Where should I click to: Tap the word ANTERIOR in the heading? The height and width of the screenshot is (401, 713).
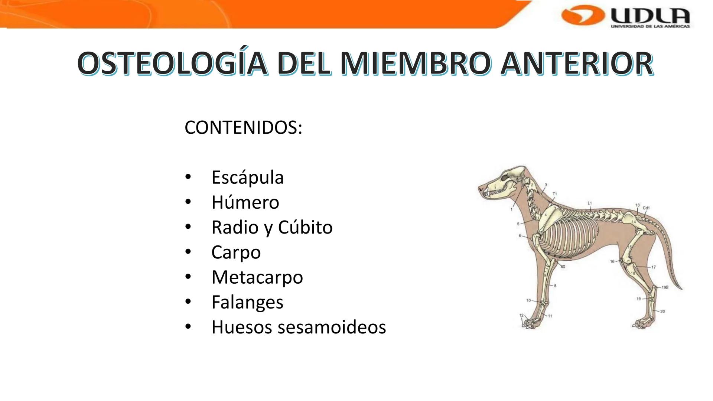(577, 63)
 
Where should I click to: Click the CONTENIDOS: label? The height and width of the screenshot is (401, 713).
(243, 127)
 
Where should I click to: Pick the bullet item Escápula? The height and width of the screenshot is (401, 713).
(247, 177)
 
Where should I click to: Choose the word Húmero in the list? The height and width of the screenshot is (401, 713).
(245, 202)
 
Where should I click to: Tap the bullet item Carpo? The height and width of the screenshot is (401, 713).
(236, 252)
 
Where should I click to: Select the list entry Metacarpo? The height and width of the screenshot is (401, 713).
(257, 277)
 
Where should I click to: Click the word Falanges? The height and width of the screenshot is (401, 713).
(247, 302)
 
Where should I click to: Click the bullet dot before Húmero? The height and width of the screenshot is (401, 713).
(188, 202)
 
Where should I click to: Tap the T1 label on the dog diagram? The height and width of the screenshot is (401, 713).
(555, 194)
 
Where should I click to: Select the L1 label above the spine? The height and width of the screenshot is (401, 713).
(590, 203)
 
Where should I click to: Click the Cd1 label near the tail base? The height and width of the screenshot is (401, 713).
(646, 208)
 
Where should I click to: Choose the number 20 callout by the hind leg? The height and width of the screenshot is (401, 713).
(663, 312)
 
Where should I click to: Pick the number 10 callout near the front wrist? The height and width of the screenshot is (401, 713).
(528, 300)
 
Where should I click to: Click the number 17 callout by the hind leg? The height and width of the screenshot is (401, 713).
(654, 267)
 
